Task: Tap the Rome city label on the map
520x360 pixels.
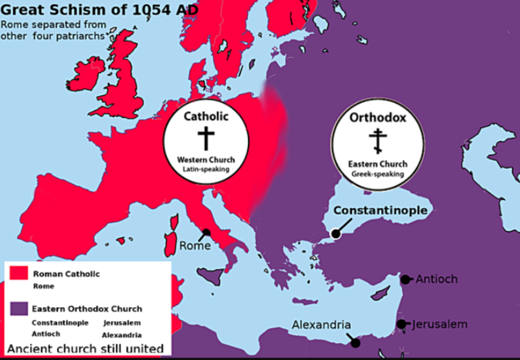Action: click(195, 245)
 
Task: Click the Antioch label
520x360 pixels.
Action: click(436, 279)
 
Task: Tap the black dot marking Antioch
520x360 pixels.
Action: click(405, 280)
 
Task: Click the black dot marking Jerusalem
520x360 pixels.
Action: click(401, 324)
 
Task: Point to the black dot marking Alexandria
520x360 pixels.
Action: click(355, 343)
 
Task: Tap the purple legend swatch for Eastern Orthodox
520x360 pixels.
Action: click(19, 309)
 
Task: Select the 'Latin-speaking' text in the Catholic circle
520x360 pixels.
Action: click(205, 168)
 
